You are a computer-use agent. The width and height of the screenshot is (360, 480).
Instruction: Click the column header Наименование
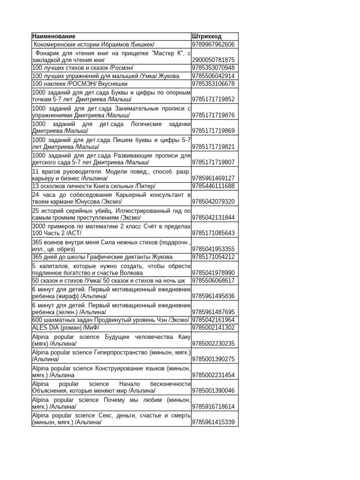coord(54,36)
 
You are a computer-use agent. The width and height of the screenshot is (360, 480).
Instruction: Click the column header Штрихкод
coord(207,36)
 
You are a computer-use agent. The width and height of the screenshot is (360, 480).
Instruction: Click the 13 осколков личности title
coord(93,186)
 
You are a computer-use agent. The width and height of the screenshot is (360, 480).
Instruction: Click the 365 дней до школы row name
coord(102,257)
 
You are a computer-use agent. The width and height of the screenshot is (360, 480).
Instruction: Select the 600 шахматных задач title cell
coord(111,320)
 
